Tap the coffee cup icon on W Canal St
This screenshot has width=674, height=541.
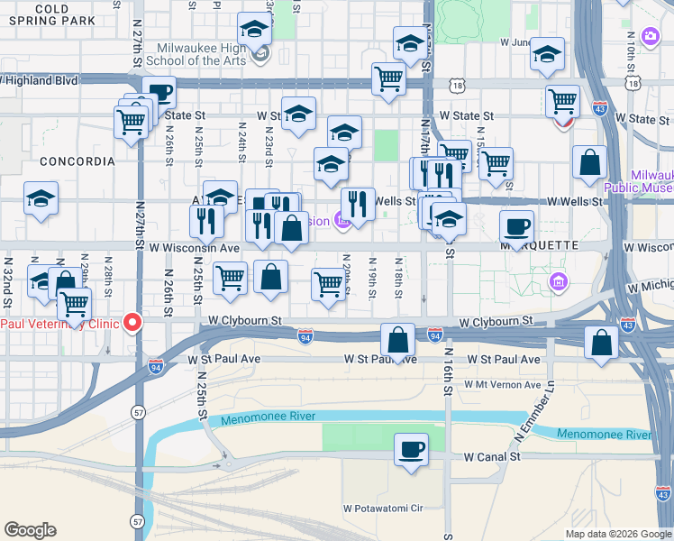click(x=412, y=448)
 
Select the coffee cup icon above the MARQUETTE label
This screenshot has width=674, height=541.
click(x=516, y=226)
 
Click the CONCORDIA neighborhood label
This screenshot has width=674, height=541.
click(x=77, y=161)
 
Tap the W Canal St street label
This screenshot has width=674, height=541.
click(x=493, y=457)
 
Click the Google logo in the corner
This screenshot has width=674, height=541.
click(x=30, y=530)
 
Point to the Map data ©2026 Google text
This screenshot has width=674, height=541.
click(x=617, y=534)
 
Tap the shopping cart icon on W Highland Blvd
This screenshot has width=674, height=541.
click(x=388, y=78)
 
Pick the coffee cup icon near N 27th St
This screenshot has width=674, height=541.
click(x=159, y=92)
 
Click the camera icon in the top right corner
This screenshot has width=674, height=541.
click(x=651, y=36)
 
